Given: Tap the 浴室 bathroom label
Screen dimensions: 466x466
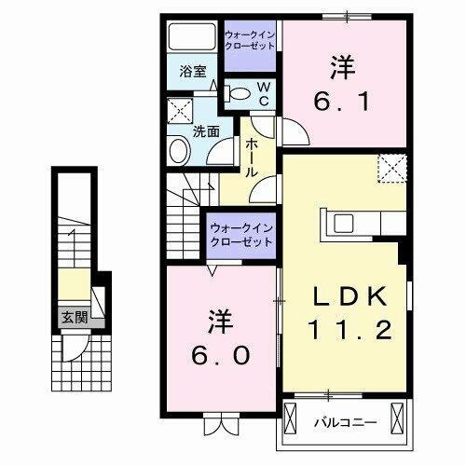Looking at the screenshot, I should (194, 70).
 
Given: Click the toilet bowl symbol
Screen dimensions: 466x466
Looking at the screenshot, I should (239, 92).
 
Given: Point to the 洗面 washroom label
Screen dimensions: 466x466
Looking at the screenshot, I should (206, 132).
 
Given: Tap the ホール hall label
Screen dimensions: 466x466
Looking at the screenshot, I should (252, 158).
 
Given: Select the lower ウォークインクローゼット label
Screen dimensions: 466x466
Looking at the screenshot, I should (240, 233).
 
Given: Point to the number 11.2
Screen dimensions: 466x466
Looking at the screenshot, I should (350, 329).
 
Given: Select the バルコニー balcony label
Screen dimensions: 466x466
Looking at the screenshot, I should (344, 421).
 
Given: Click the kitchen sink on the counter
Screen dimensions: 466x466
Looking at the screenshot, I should (341, 223).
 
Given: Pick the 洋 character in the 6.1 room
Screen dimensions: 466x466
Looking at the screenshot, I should (340, 68).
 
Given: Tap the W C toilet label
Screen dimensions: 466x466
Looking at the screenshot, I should (263, 92).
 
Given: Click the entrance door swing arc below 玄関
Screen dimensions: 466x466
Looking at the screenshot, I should (71, 350).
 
